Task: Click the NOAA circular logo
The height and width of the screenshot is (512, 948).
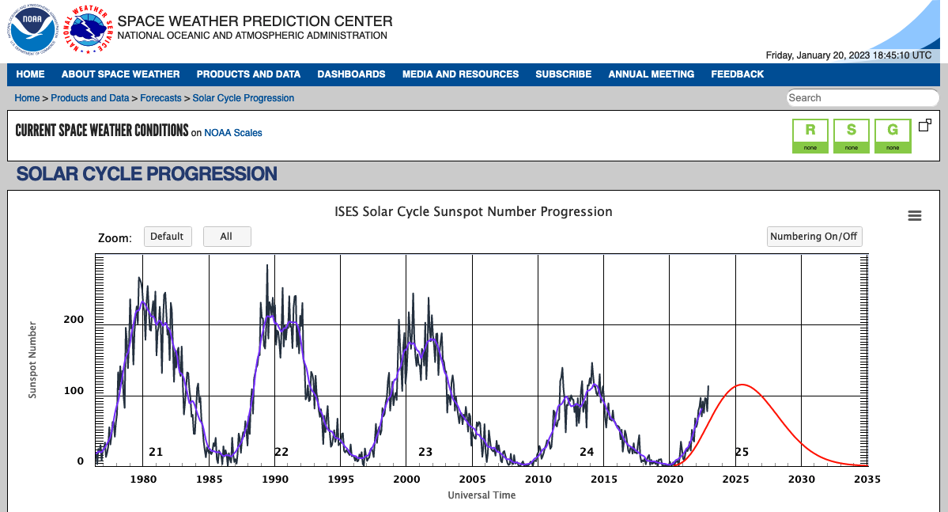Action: pyautogui.click(x=32, y=30)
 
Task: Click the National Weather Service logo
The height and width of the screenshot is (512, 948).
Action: pyautogui.click(x=87, y=30)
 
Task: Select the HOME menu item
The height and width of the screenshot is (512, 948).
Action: pyautogui.click(x=30, y=74)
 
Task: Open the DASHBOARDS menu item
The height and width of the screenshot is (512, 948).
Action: pyautogui.click(x=351, y=74)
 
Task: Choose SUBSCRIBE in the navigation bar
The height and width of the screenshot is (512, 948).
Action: pyautogui.click(x=563, y=74)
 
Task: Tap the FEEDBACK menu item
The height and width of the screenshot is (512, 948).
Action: pyautogui.click(x=737, y=74)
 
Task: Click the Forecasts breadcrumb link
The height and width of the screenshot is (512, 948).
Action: pyautogui.click(x=161, y=98)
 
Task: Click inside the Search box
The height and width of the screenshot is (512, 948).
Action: pyautogui.click(x=862, y=98)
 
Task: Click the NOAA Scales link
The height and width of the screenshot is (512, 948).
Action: pyautogui.click(x=233, y=133)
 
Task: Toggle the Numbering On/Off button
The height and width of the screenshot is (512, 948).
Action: pyautogui.click(x=814, y=237)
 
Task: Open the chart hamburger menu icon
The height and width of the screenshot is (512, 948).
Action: pyautogui.click(x=915, y=216)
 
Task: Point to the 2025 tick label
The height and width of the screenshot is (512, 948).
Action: pyautogui.click(x=735, y=480)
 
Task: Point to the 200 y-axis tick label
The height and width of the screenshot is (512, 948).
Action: pyautogui.click(x=74, y=320)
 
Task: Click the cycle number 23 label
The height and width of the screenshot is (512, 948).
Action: pyautogui.click(x=425, y=452)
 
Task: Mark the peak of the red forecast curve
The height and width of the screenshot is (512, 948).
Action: pyautogui.click(x=742, y=385)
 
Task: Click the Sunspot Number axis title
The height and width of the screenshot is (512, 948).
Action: pyautogui.click(x=32, y=359)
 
